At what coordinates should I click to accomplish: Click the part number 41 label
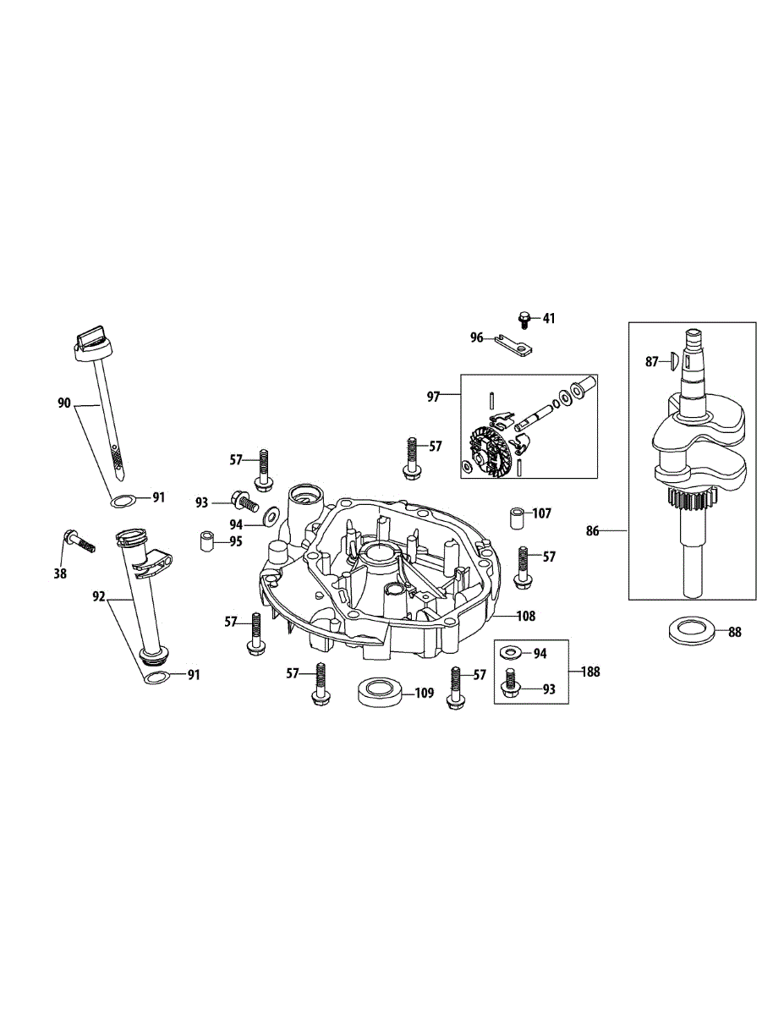click(x=549, y=319)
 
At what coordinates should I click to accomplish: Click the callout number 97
click(x=433, y=395)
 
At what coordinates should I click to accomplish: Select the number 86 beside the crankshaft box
click(x=592, y=530)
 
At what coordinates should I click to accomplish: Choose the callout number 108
click(x=526, y=617)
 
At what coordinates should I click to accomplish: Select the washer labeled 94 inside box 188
click(x=510, y=653)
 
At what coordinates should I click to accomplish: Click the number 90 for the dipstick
click(x=64, y=404)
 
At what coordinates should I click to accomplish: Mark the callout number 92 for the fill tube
click(x=100, y=597)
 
